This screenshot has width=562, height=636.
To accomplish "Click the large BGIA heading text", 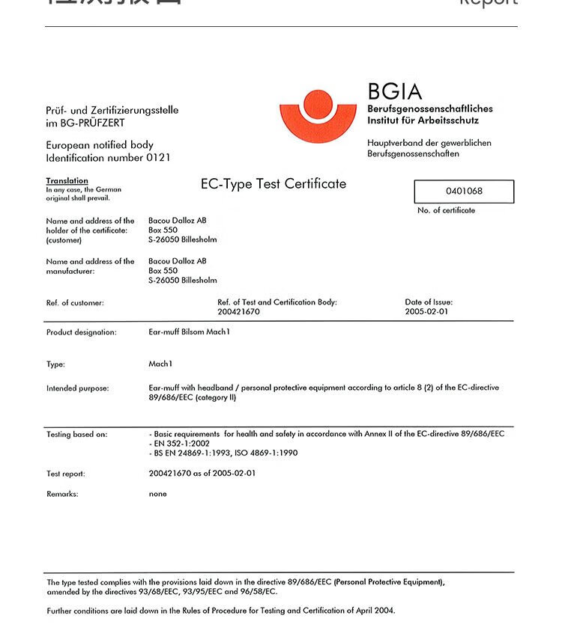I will [x=395, y=92].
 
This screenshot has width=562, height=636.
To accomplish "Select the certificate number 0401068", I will [x=464, y=191].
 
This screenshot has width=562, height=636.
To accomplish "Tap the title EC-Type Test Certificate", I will [x=274, y=184].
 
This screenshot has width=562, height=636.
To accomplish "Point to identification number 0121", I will [x=158, y=158].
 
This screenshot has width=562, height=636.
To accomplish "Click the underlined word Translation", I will [x=67, y=181].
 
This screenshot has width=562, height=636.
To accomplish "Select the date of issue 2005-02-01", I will [x=426, y=311].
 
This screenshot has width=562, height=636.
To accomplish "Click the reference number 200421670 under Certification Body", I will [x=238, y=311].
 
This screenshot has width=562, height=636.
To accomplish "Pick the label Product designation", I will [x=81, y=332].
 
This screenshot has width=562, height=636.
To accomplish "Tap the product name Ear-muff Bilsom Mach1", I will [x=189, y=331].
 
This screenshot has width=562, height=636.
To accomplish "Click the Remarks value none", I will [x=157, y=494].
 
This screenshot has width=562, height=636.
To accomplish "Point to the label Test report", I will [x=66, y=474].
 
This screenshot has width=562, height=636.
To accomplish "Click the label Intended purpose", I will [x=77, y=388].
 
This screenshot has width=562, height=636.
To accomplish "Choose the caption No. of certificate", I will [x=446, y=210].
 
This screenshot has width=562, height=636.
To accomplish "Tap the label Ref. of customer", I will [x=75, y=303].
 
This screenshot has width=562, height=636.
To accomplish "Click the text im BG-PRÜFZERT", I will [x=85, y=123].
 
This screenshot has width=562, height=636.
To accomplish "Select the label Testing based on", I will [x=76, y=434].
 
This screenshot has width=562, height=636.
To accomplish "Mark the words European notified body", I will [x=100, y=145].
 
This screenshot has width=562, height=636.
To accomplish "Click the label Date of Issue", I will [x=429, y=302].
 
